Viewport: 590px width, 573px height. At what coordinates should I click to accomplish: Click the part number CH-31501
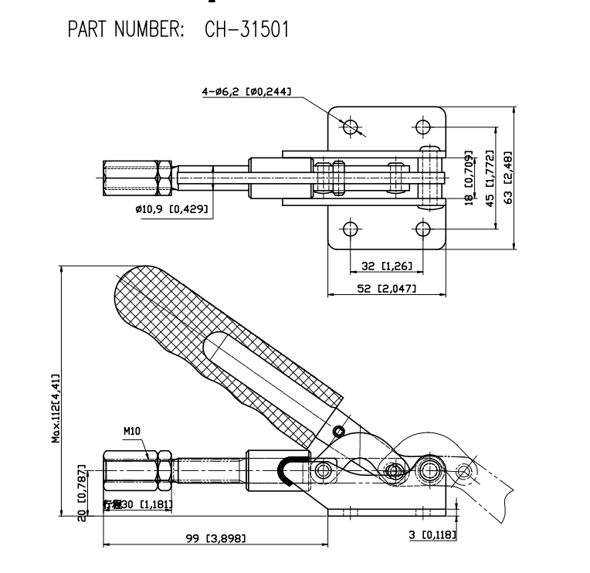[x=246, y=30]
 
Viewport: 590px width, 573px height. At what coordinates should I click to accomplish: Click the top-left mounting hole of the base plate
[x=351, y=127]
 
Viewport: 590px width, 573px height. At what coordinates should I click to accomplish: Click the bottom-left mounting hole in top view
[x=351, y=229]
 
